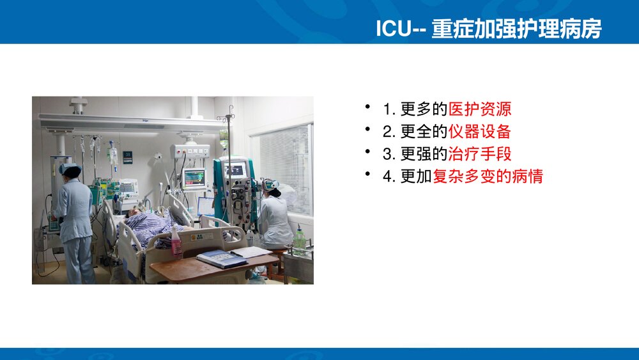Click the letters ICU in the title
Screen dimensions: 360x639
(390, 29)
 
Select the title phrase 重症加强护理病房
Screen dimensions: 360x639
(516, 29)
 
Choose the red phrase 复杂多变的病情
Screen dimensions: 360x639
(488, 176)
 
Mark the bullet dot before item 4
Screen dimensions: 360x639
(367, 173)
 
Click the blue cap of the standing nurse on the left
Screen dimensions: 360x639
(70, 169)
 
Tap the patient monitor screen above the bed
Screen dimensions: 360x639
(194, 178)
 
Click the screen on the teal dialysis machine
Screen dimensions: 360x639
(236, 170)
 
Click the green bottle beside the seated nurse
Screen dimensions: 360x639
(300, 239)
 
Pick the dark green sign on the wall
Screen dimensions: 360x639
(128, 157)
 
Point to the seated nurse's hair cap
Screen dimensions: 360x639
(271, 185)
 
